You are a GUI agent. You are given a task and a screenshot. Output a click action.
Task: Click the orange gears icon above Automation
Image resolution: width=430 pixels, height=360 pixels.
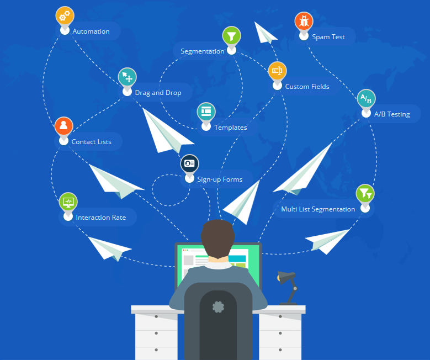click(x=65, y=15)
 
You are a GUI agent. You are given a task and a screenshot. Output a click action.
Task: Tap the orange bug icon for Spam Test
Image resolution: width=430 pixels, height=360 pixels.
click(x=304, y=21)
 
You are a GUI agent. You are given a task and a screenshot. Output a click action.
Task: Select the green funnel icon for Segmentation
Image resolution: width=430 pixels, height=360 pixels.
click(x=232, y=36)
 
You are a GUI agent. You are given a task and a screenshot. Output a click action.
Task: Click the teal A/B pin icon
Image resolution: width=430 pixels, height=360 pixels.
click(x=366, y=98)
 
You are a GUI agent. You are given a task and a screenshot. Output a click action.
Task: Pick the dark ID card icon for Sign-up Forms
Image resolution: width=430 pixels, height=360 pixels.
click(x=189, y=163)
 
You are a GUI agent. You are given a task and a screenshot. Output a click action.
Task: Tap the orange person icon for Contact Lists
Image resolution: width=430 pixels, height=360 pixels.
click(x=63, y=126)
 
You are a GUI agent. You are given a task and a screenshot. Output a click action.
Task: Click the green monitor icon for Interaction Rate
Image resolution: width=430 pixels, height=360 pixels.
click(x=68, y=202)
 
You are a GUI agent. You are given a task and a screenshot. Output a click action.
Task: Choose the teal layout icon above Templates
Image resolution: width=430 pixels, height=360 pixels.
click(x=206, y=112)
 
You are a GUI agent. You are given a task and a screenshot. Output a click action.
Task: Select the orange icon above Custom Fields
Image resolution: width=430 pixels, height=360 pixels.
click(x=277, y=71)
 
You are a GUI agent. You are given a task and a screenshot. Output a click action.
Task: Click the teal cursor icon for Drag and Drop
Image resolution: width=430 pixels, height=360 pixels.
click(x=128, y=77)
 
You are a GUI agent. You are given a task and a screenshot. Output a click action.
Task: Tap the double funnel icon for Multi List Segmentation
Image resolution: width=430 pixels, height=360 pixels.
click(x=365, y=193)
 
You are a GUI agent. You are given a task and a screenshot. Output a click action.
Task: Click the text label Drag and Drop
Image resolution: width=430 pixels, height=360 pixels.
click(x=158, y=93)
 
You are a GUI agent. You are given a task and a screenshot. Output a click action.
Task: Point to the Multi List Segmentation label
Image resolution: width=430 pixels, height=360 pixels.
click(x=318, y=209)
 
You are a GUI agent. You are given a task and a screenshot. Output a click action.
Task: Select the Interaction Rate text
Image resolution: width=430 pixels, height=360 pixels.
click(x=101, y=218)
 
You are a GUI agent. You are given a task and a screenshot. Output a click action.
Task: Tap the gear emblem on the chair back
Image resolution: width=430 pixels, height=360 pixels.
click(x=218, y=307)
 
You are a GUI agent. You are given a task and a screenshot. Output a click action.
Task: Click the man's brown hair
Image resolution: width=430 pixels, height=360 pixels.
click(x=217, y=238)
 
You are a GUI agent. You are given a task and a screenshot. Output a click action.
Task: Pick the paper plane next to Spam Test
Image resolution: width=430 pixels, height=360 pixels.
click(x=265, y=33)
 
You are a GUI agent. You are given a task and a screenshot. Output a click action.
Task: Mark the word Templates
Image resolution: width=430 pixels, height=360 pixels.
click(x=231, y=128)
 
